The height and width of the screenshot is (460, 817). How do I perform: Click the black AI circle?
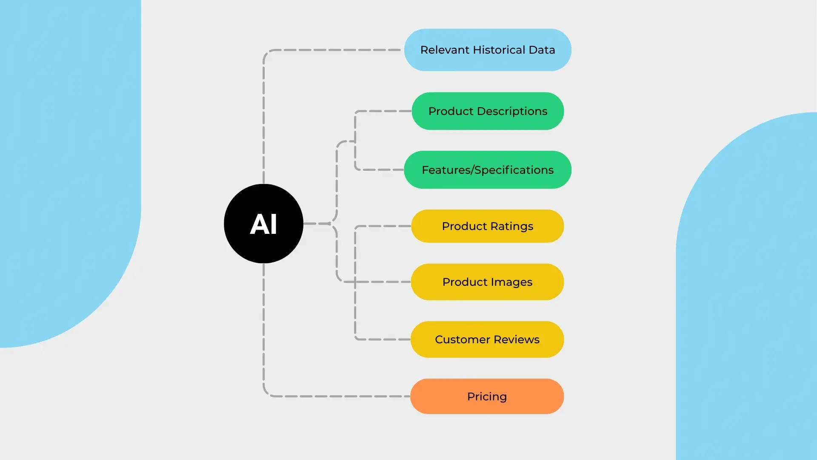(263, 224)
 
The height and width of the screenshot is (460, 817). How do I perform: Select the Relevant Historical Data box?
(488, 50)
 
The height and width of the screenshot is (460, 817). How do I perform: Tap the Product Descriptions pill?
(488, 111)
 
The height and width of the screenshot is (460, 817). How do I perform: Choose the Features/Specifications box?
(488, 170)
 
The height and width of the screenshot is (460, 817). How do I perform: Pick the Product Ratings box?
(488, 226)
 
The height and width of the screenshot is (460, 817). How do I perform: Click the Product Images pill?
(488, 282)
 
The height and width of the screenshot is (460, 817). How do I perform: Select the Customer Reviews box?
(488, 339)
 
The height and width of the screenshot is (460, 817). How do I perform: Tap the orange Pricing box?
(487, 397)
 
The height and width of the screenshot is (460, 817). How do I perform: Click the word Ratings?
(511, 227)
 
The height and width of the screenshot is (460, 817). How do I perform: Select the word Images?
(511, 282)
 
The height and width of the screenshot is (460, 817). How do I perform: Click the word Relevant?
(445, 50)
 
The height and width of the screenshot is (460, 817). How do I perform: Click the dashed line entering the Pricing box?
(340, 397)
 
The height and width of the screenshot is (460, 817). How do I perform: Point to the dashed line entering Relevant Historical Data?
(332, 50)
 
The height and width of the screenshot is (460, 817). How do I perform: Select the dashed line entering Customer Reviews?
(383, 339)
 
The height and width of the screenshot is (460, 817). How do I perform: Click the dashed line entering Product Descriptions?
(383, 111)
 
